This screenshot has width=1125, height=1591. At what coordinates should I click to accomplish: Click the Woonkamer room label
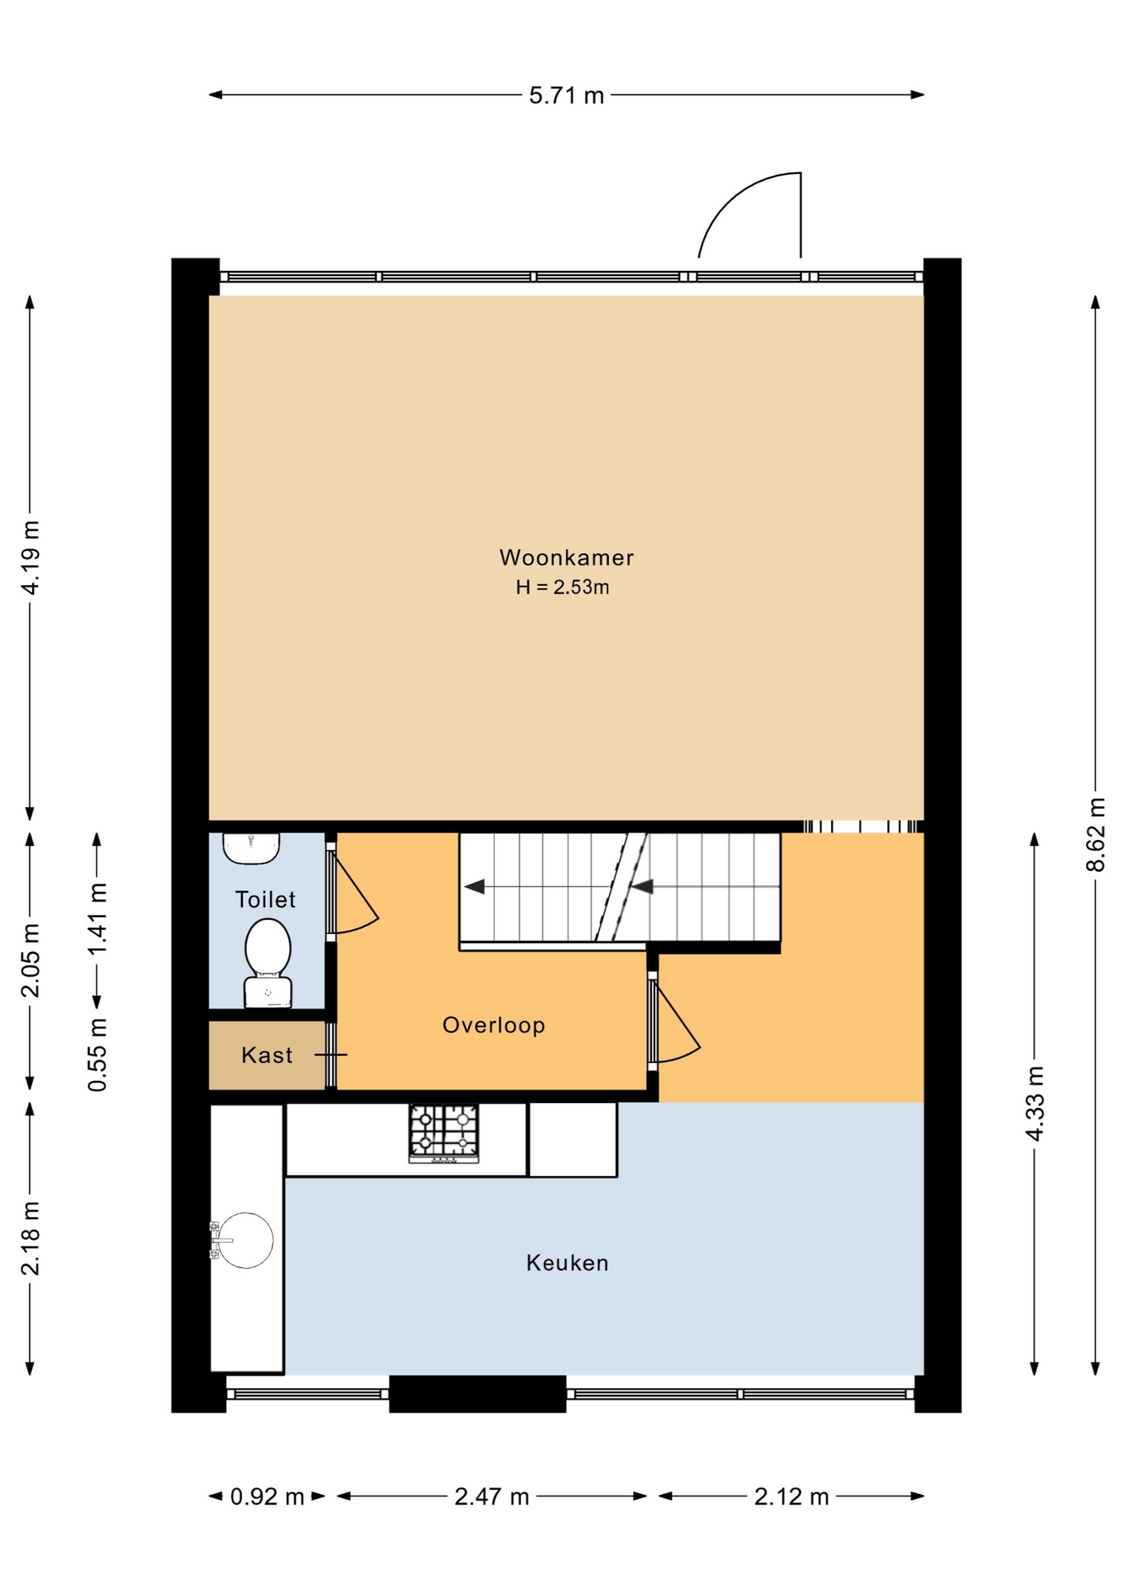[x=567, y=558]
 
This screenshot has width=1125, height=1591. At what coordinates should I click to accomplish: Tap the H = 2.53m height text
[x=562, y=588]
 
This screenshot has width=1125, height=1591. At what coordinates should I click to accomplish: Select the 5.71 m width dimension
[x=567, y=95]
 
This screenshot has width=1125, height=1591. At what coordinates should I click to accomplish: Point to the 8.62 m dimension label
[x=1096, y=834]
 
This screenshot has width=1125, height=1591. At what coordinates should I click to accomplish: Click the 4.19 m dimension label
[x=30, y=558]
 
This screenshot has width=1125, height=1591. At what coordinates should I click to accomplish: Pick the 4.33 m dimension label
[x=1035, y=1104]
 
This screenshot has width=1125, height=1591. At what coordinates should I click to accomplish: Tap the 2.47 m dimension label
[x=492, y=1497]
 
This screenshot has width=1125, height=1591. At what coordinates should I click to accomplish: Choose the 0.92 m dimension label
[x=267, y=1497]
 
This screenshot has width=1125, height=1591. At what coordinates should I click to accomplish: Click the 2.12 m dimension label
[x=791, y=1497]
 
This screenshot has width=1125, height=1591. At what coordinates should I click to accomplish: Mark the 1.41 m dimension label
[x=97, y=918]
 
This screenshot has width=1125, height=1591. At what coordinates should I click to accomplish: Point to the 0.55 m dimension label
[x=97, y=1054]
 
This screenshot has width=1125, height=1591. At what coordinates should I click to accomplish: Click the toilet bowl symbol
[x=268, y=963]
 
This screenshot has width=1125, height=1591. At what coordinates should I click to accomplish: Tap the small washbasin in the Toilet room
[x=251, y=849]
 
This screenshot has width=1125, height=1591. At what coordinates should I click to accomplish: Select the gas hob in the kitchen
[x=444, y=1134]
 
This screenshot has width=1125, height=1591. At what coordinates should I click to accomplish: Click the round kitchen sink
[x=246, y=1240]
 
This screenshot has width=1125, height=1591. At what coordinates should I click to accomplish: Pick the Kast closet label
[x=267, y=1055]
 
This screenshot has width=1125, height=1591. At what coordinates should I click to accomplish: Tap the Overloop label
[x=494, y=1025]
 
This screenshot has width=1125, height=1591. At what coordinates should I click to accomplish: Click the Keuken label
[x=567, y=1263]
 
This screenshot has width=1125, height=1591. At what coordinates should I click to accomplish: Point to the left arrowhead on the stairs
[x=474, y=887]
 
